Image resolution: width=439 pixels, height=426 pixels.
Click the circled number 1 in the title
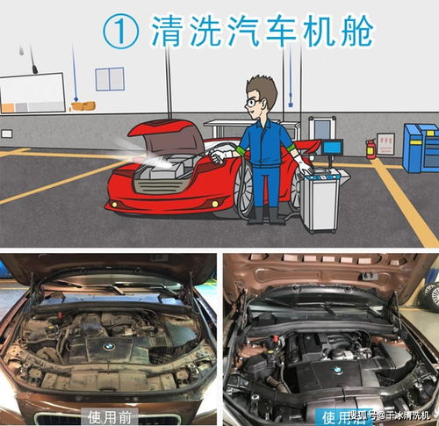click(121, 32)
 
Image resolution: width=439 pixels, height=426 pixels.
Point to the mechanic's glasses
click(255, 102)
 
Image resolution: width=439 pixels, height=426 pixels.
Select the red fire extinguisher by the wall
click(370, 146)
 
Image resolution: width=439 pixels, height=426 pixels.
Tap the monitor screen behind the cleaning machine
click(332, 148)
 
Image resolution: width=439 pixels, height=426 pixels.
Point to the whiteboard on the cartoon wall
click(32, 93)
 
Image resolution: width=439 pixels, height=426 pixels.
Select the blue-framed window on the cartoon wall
click(110, 79)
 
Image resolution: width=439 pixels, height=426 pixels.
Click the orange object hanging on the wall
click(83, 106)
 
